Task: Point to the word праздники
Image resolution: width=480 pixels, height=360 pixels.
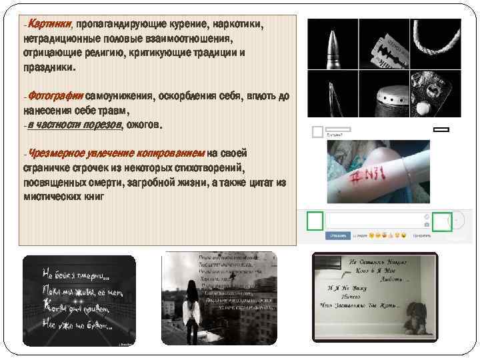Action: pos(49,68)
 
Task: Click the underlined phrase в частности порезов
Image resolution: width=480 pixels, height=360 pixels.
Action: pos(74,125)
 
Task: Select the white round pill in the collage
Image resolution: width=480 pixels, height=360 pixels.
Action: pos(424,108)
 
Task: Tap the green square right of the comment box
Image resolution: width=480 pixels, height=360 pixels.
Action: pos(441,221)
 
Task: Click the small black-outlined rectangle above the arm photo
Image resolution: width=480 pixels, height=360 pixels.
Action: pos(441,129)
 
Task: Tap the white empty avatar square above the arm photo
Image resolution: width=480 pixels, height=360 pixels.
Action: pos(318,132)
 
